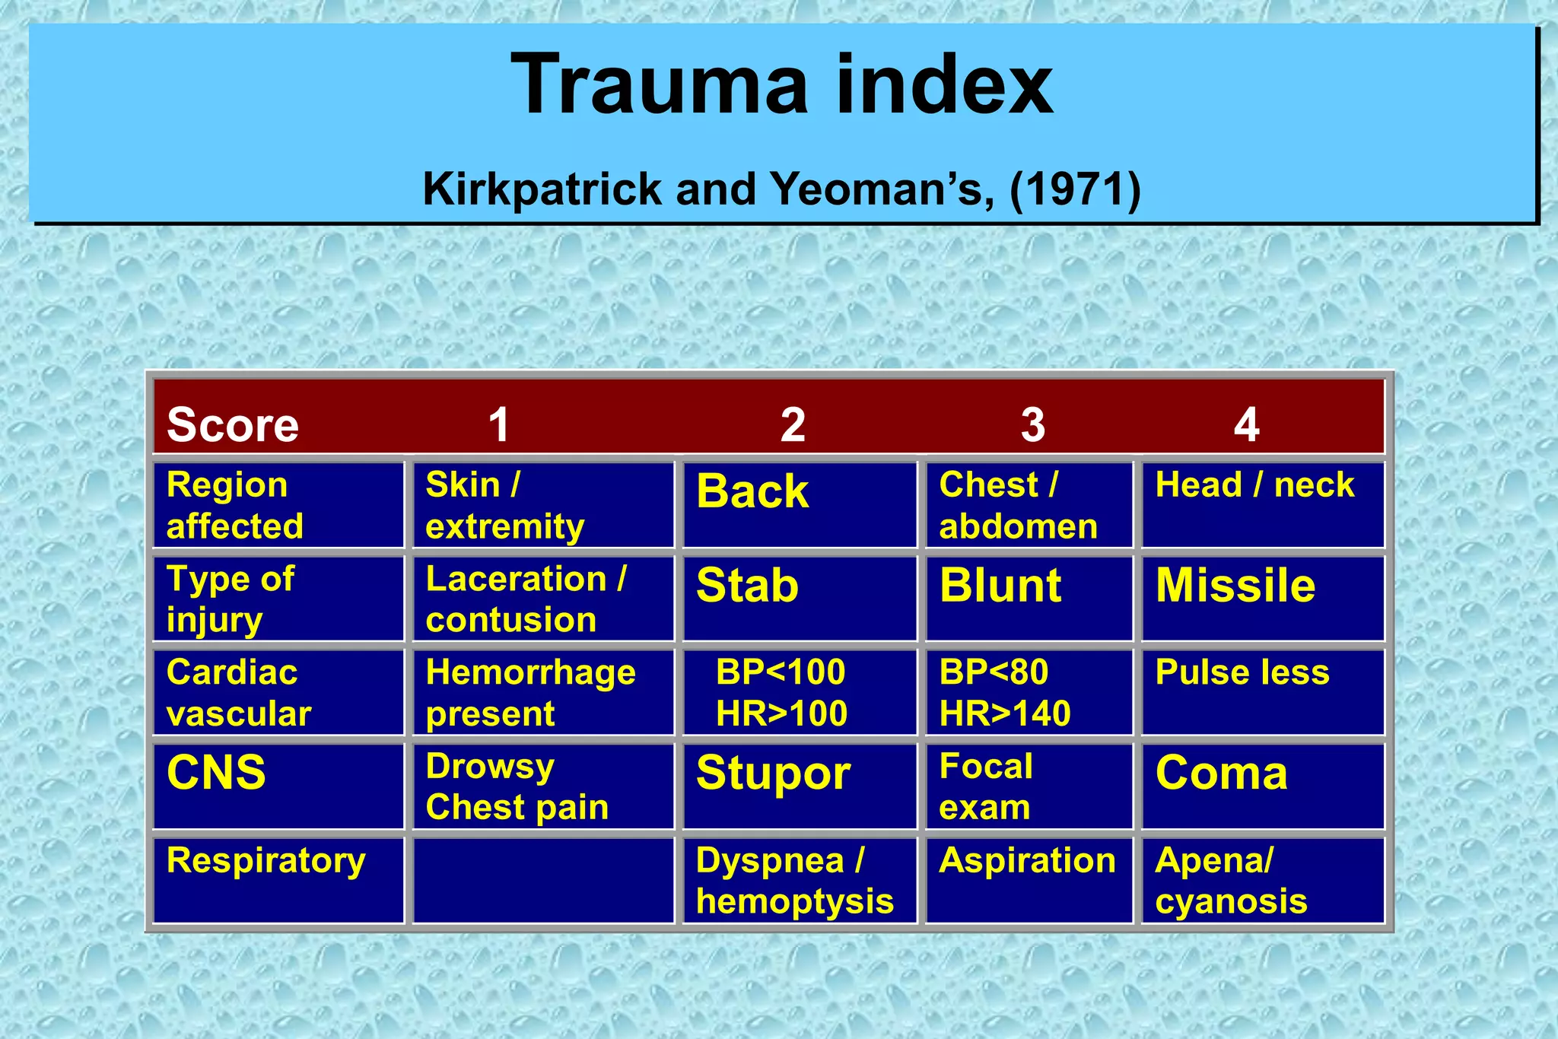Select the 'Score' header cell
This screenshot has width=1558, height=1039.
(x=233, y=424)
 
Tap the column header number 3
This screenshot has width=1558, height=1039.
(x=1032, y=424)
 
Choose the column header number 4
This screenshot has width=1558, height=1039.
(x=1246, y=424)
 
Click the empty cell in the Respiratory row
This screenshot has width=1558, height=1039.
(x=542, y=880)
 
